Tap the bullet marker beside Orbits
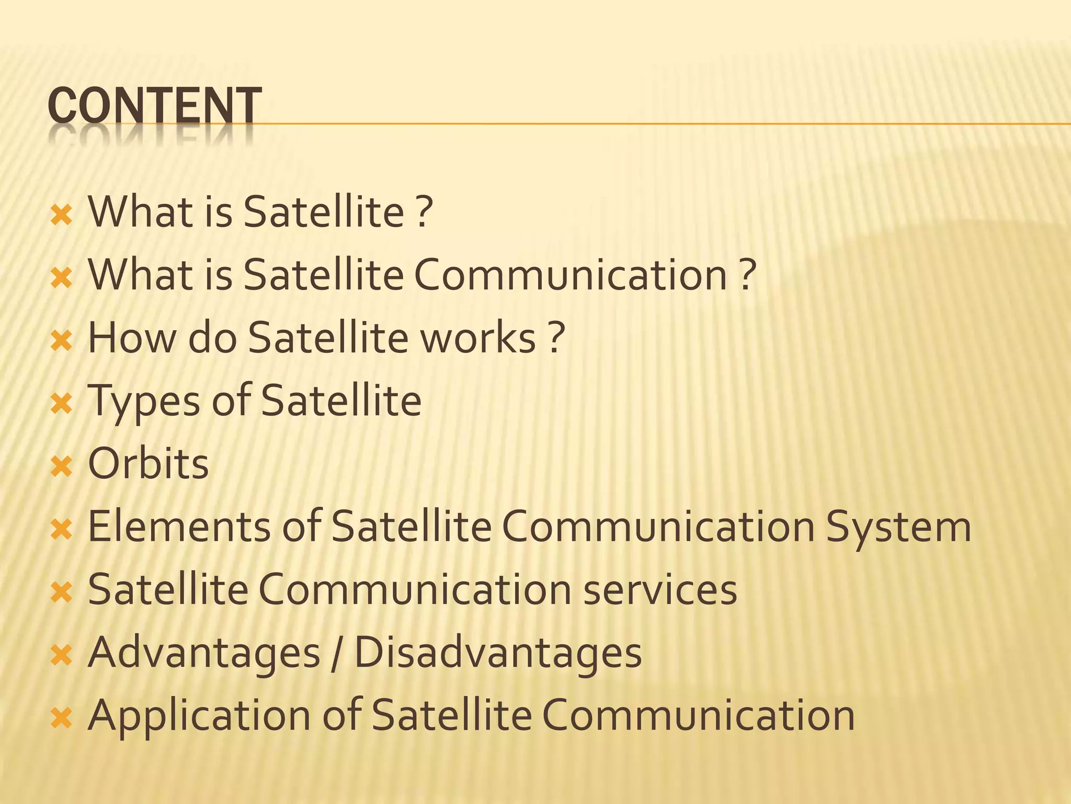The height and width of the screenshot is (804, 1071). [x=61, y=466]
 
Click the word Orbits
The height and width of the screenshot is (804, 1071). [x=149, y=464]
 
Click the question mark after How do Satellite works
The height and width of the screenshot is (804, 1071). [x=557, y=338]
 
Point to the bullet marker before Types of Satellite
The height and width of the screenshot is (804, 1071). [x=61, y=403]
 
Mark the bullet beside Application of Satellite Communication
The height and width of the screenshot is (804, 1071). [x=61, y=718]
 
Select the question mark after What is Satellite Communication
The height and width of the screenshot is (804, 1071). [x=748, y=275]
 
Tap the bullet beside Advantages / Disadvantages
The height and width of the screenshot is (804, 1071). [x=61, y=655]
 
